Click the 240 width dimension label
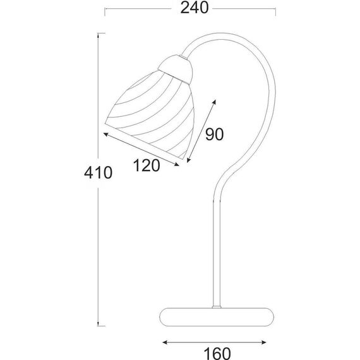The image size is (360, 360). point(195,8)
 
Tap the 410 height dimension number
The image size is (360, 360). point(99,172)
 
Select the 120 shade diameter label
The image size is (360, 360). point(147,165)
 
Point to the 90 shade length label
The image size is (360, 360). point(214,135)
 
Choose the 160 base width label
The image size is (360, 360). point(217,353)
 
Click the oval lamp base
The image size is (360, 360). point(217,317)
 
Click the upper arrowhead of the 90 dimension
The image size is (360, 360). point(215,102)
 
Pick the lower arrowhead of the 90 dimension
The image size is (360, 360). point(189,160)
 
